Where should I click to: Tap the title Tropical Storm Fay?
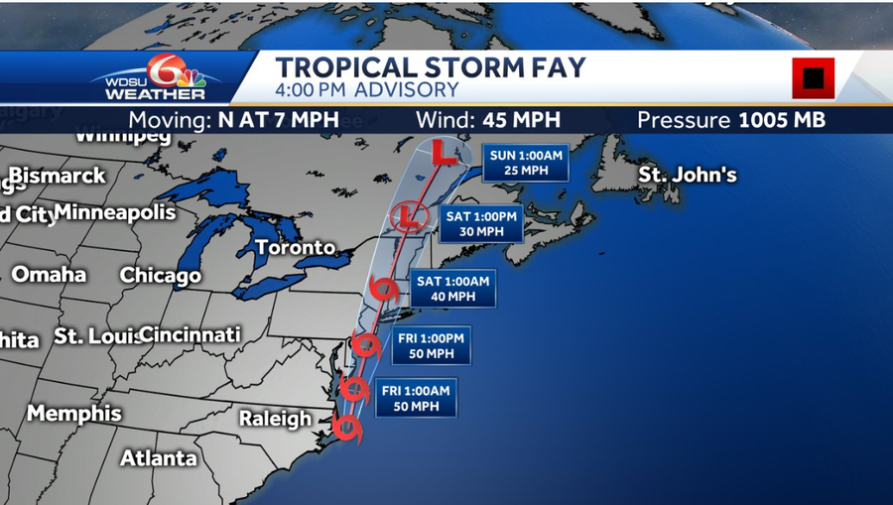coord(430,67)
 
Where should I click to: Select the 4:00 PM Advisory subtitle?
coord(366,90)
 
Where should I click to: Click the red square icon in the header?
coord(813,77)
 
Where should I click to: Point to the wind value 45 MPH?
coord(487,120)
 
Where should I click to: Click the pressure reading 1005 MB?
coord(731,120)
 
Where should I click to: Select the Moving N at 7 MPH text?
coord(233,120)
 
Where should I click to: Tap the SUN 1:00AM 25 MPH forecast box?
coord(526,162)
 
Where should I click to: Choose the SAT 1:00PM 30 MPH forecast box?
coord(483,223)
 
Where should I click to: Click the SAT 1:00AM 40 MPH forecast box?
coord(452,288)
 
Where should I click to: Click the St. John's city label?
coord(687,175)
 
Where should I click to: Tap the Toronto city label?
coord(295,246)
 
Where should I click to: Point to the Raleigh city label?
coord(275,419)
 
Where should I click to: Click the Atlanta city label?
coord(158,457)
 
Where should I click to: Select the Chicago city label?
coord(160,275)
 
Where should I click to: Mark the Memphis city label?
coord(73,413)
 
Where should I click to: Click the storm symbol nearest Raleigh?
coord(347,429)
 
